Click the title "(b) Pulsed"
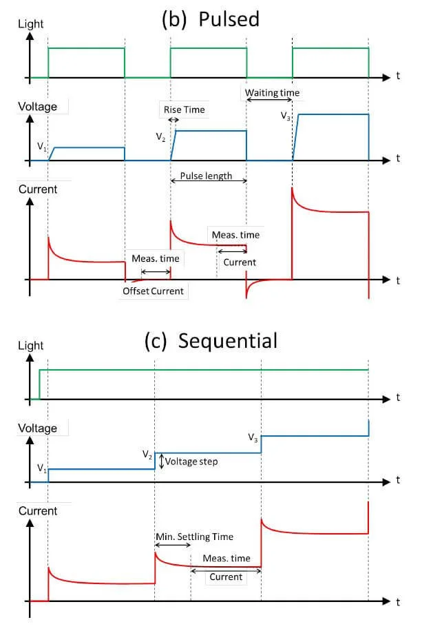[210, 19]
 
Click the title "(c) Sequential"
[211, 340]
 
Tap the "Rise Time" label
[184, 110]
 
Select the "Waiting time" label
[273, 92]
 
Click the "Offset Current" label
[153, 291]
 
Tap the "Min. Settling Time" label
[193, 537]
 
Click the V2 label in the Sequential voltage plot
[147, 455]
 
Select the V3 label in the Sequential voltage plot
[253, 437]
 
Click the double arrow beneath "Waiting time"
[270, 101]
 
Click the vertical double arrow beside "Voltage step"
[161, 461]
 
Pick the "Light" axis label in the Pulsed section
[30, 23]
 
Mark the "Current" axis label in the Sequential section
[38, 510]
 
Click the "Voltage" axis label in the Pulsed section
[37, 107]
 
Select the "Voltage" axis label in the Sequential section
[37, 428]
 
